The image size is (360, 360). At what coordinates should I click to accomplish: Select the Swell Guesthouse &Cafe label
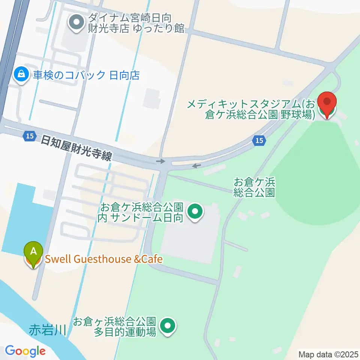tap(104, 259)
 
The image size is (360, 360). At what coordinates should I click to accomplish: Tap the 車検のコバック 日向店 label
tap(86, 75)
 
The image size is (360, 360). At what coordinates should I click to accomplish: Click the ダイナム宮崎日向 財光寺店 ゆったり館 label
tap(136, 23)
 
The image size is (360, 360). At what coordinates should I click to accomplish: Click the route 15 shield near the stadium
tap(259, 141)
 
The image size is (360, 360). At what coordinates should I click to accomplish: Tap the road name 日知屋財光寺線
tap(76, 147)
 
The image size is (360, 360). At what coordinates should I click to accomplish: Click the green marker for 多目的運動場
tap(168, 326)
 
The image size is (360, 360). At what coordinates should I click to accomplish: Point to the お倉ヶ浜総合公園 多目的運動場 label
tap(114, 327)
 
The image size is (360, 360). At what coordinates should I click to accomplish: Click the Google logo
tap(25, 351)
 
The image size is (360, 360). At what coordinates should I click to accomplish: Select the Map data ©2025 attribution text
tap(328, 354)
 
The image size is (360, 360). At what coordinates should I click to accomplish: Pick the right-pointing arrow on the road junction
tap(160, 161)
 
